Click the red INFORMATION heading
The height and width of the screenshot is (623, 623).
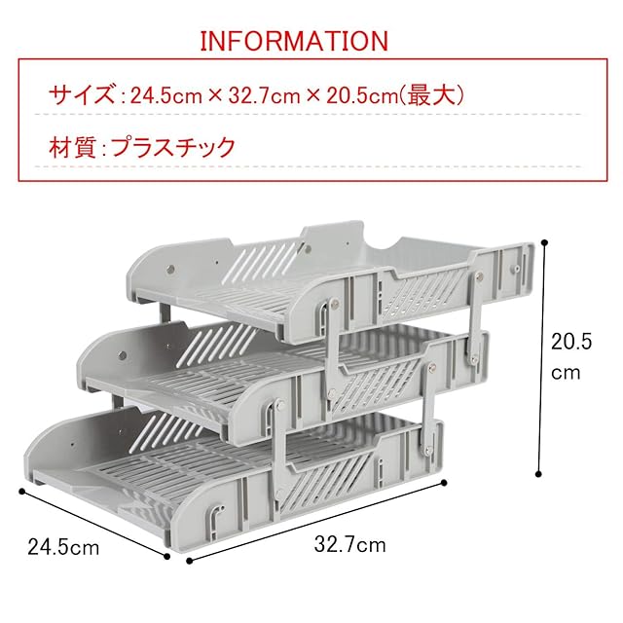click(293, 41)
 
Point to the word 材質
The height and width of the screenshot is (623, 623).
click(70, 148)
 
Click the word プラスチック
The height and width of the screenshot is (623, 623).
click(172, 148)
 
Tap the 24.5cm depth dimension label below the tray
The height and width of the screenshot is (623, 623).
click(64, 547)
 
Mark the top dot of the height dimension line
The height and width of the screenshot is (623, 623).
click(544, 242)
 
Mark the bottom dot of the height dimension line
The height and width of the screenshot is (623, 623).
click(540, 474)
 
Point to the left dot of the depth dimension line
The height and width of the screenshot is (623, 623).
click(20, 490)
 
